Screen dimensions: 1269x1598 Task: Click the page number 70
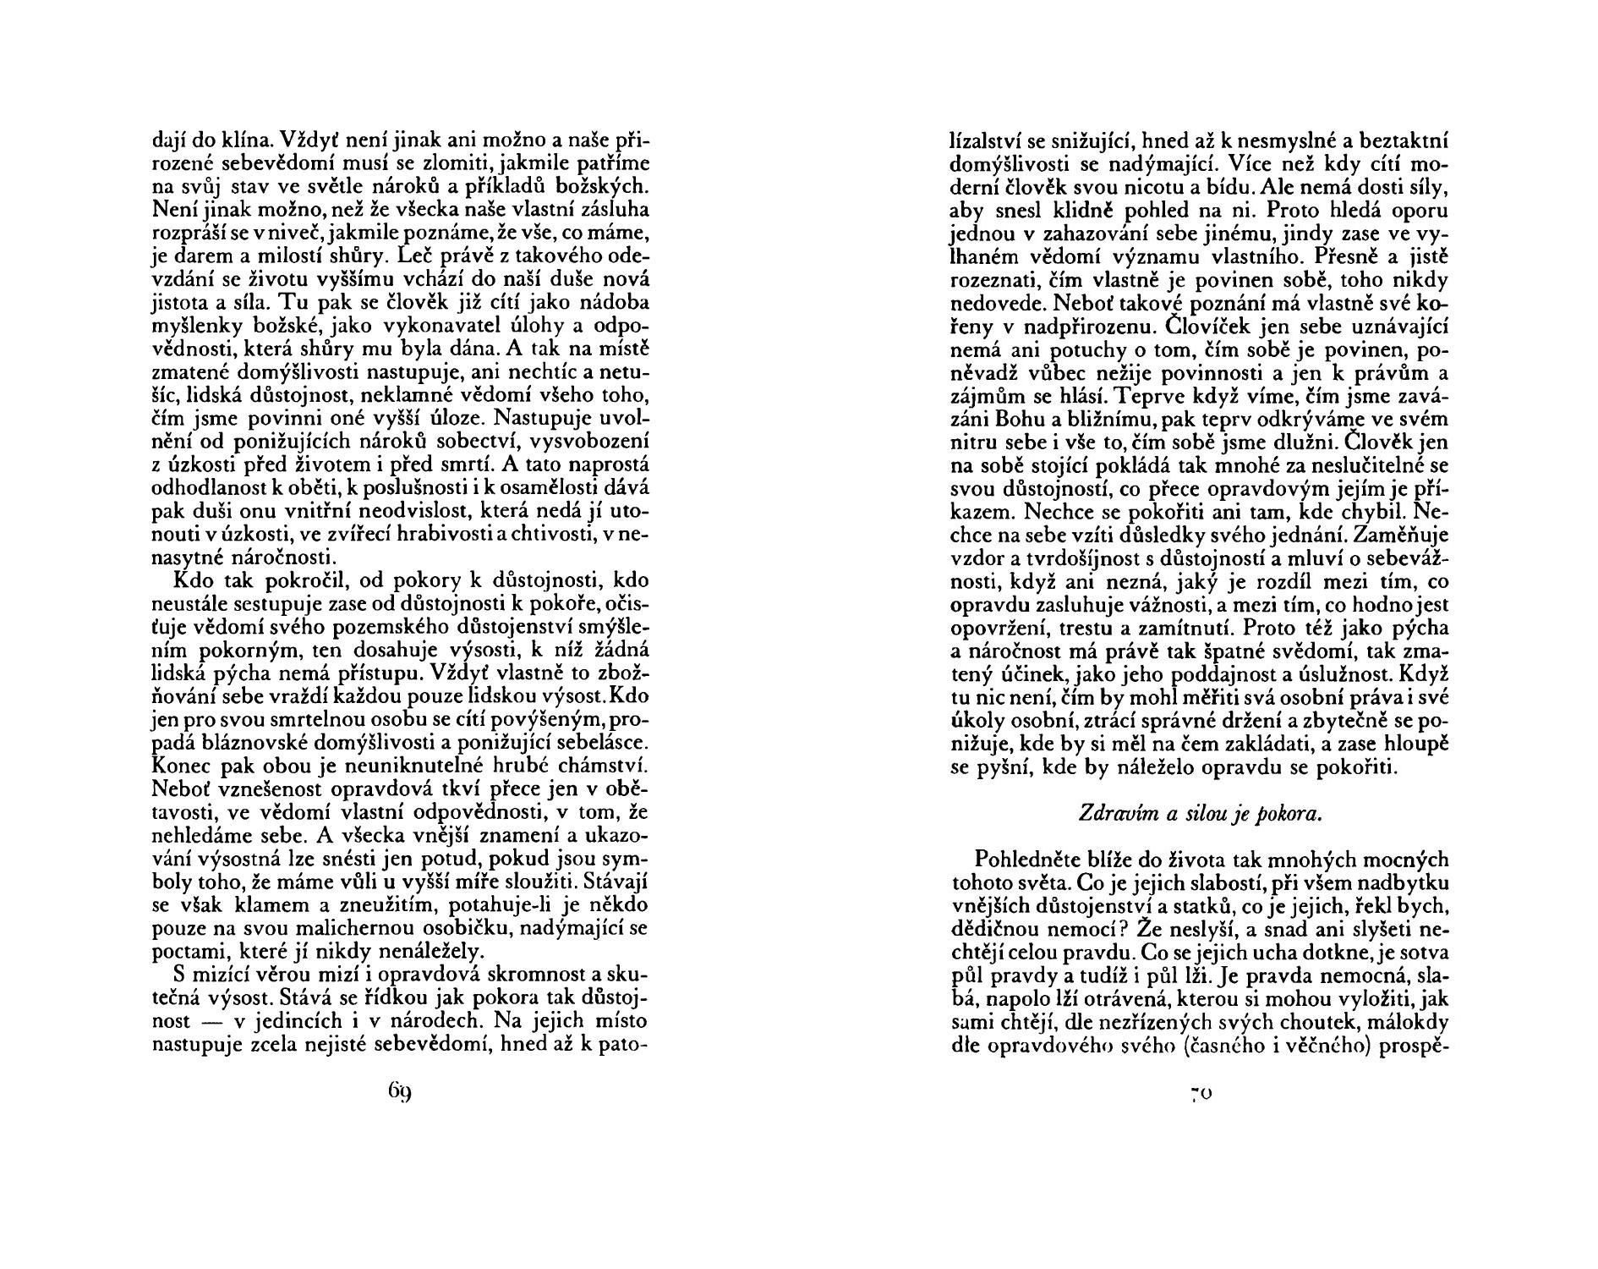1201,1093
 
